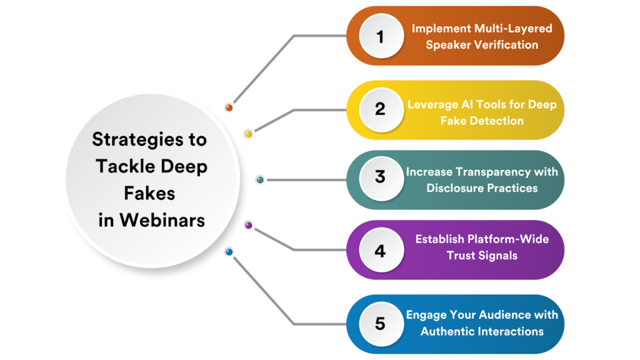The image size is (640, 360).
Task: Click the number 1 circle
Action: point(380,37)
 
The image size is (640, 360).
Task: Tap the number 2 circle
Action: point(380,109)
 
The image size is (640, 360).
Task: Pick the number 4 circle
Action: point(380,251)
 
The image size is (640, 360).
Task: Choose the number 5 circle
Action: point(380,324)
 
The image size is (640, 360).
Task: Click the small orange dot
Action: point(229,107)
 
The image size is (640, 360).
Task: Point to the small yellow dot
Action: point(248,134)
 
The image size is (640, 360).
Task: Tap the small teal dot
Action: point(260,180)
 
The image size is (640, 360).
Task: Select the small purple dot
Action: point(248,225)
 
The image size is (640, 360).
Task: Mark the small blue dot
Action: point(229,252)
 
